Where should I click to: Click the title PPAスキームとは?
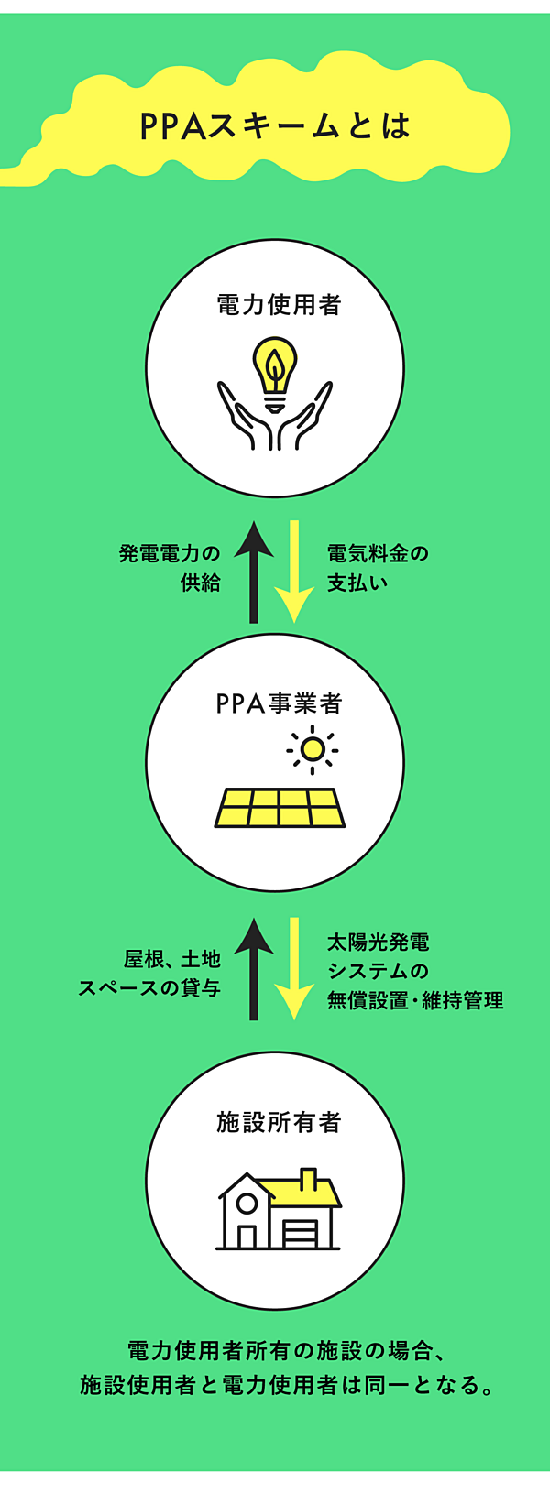click(275, 126)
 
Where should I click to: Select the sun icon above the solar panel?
click(313, 750)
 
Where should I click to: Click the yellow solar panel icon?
click(280, 808)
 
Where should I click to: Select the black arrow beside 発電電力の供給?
click(254, 571)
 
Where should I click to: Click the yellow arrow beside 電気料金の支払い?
click(294, 571)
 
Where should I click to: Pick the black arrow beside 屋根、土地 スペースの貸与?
click(254, 969)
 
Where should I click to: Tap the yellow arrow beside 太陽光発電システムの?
click(294, 969)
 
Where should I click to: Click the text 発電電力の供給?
click(170, 568)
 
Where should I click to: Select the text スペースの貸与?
click(149, 988)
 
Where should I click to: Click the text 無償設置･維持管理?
click(415, 1000)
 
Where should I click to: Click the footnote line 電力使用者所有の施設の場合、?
click(286, 1351)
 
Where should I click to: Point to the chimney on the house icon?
click(309, 1178)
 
